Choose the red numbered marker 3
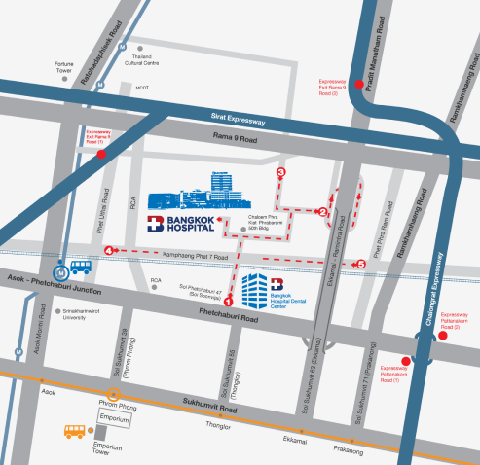[281, 173]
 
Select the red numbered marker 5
[361, 264]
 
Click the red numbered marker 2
[323, 212]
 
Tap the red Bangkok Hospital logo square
[156, 226]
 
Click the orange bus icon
[75, 429]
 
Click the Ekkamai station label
[294, 438]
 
